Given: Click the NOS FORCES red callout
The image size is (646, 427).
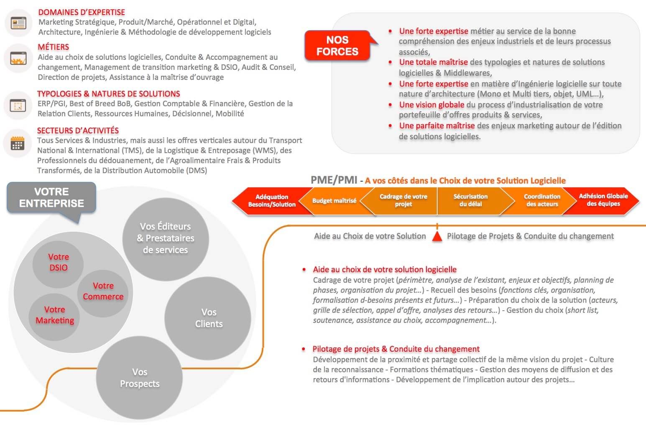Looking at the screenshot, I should pyautogui.click(x=337, y=46).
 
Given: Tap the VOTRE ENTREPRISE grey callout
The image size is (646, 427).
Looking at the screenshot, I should pyautogui.click(x=51, y=197).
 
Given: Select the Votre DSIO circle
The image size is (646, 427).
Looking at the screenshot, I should pyautogui.click(x=59, y=262).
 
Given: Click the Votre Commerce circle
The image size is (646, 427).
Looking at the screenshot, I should pyautogui.click(x=103, y=291).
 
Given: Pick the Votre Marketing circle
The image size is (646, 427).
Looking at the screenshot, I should pyautogui.click(x=54, y=315).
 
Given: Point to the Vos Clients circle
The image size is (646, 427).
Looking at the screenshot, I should pyautogui.click(x=209, y=318).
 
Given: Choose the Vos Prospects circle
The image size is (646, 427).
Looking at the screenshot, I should pyautogui.click(x=140, y=378).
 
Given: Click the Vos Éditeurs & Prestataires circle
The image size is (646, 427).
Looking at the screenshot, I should pyautogui.click(x=166, y=238).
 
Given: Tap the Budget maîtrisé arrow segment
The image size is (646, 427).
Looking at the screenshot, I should pyautogui.click(x=334, y=201).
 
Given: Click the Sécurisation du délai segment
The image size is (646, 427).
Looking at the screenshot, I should pyautogui.click(x=470, y=200).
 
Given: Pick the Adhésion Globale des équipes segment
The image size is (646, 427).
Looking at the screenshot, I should pyautogui.click(x=603, y=200).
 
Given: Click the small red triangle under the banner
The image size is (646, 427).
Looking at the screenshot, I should pyautogui.click(x=437, y=236).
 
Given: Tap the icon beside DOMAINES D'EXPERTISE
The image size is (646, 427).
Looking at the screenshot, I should pyautogui.click(x=18, y=23).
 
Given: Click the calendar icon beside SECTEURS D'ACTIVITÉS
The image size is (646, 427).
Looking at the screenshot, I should pyautogui.click(x=18, y=143).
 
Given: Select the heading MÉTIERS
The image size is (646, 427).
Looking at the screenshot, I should pyautogui.click(x=54, y=47).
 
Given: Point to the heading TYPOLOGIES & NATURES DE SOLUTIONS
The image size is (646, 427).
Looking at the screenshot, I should pyautogui.click(x=109, y=94).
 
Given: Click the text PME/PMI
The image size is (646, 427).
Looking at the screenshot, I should pyautogui.click(x=334, y=180).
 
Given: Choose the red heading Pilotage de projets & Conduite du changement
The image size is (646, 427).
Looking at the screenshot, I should pyautogui.click(x=396, y=349).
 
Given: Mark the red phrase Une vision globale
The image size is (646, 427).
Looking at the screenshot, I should pyautogui.click(x=432, y=105).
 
